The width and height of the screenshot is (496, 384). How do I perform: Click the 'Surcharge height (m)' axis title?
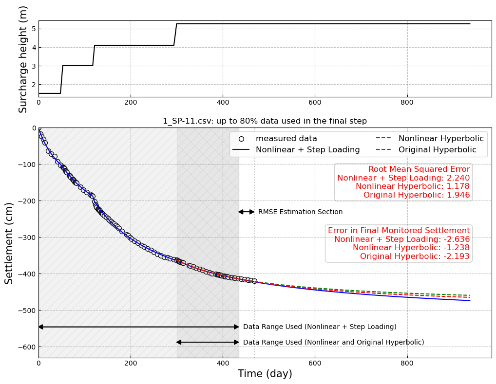(x=23, y=59)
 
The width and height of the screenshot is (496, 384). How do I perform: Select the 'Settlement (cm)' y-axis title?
(x=9, y=243)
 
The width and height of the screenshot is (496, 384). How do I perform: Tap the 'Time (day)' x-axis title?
(x=265, y=374)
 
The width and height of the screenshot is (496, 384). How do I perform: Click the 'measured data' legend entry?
(x=286, y=139)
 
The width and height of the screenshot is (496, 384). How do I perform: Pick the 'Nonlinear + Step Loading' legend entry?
(x=308, y=150)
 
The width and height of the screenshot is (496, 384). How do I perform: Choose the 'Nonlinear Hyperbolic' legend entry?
(x=441, y=139)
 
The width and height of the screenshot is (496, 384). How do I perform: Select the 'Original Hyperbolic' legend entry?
(x=437, y=150)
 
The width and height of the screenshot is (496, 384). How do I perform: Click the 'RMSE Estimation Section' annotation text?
(x=300, y=212)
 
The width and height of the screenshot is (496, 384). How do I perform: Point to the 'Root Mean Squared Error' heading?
(x=419, y=169)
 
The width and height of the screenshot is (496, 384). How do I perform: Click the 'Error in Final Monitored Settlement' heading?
(x=399, y=231)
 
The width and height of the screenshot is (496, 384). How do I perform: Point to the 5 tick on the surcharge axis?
(x=34, y=29)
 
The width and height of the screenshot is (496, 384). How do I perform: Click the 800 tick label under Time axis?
(x=407, y=363)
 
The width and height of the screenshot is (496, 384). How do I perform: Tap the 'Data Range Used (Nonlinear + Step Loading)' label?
(x=320, y=327)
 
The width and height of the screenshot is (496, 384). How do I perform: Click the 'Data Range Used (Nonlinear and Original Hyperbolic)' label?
(x=333, y=343)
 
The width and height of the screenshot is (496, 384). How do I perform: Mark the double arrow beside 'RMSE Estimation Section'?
(x=246, y=212)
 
